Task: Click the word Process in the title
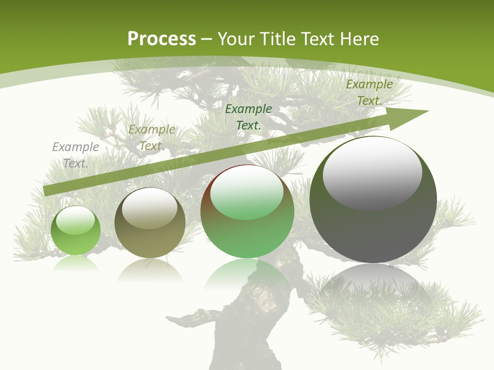tap(162, 39)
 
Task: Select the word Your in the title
tap(236, 39)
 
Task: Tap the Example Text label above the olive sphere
tap(152, 138)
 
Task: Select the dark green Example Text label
tap(249, 117)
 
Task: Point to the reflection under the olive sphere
tap(150, 269)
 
